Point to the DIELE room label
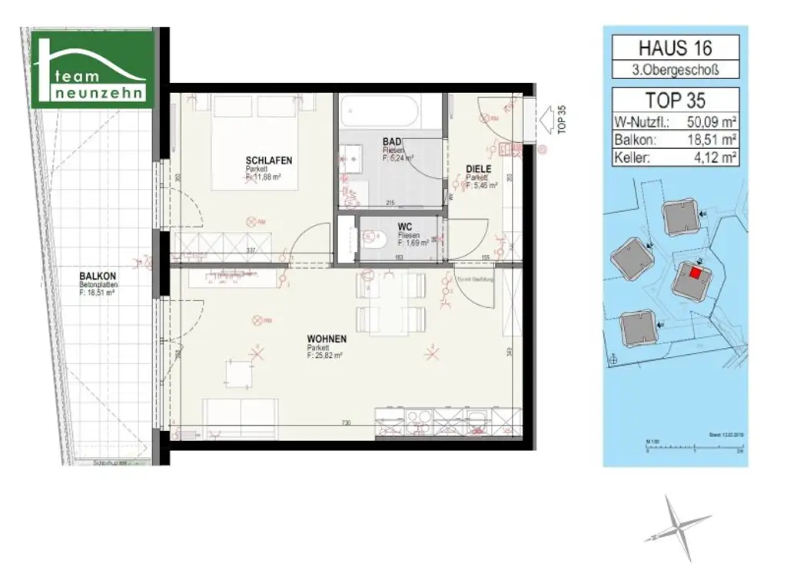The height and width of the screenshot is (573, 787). (478, 169)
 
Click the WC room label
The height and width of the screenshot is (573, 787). (406, 227)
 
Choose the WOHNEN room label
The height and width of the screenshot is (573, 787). (327, 339)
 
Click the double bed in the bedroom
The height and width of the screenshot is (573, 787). (254, 142)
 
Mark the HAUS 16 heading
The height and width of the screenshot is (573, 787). (675, 48)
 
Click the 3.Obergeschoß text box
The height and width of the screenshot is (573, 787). (675, 71)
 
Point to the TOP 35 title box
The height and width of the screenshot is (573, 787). (675, 100)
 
